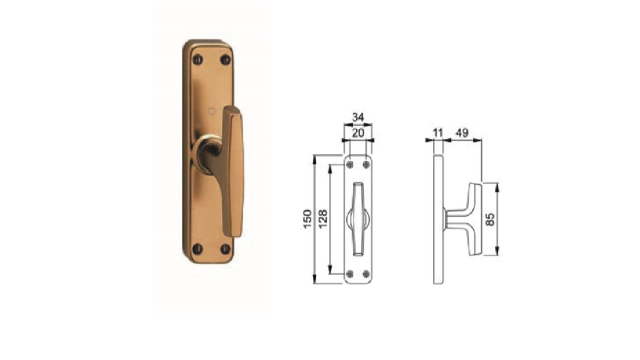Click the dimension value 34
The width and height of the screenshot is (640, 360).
(x=357, y=117)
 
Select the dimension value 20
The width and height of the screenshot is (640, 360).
(x=357, y=133)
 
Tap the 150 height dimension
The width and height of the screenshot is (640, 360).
(x=307, y=219)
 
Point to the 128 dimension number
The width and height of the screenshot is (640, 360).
(x=322, y=219)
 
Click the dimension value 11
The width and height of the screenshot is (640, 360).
(x=438, y=133)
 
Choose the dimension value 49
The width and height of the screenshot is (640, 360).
(x=462, y=133)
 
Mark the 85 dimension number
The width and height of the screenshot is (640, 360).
(x=490, y=219)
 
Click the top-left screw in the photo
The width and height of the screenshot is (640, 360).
(x=197, y=60)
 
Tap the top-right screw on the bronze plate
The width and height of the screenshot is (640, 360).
(x=225, y=60)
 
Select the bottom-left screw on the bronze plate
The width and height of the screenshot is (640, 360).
(x=197, y=249)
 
